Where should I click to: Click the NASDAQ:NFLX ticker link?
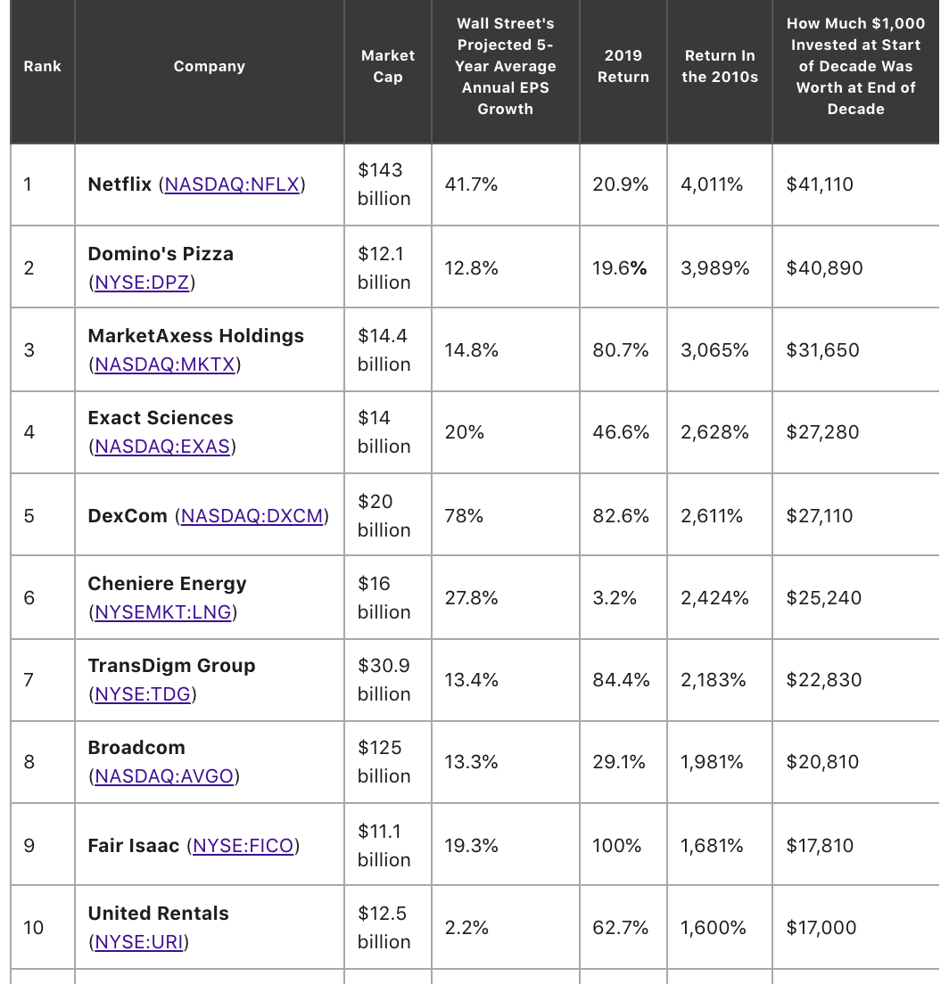[232, 184]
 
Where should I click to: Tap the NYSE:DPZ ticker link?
[142, 283]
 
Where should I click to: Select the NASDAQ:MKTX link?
[164, 365]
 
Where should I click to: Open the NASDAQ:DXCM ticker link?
[252, 516]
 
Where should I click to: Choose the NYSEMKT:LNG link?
[162, 612]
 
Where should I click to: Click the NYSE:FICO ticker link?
[243, 846]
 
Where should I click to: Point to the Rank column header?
[43, 67]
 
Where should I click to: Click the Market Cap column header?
[388, 66]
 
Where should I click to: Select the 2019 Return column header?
[623, 66]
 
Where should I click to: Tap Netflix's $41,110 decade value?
[820, 184]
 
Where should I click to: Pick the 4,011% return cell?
[712, 184]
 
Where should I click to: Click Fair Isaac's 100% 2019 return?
[616, 846]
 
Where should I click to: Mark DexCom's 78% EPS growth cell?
[464, 516]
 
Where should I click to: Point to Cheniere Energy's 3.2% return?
[615, 598]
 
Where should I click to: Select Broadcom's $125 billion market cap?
[384, 762]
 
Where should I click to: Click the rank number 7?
[29, 680]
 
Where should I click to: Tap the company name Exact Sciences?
[161, 418]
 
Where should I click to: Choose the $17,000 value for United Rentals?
[821, 928]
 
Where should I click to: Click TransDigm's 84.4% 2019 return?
[621, 680]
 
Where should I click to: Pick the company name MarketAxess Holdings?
[196, 336]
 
